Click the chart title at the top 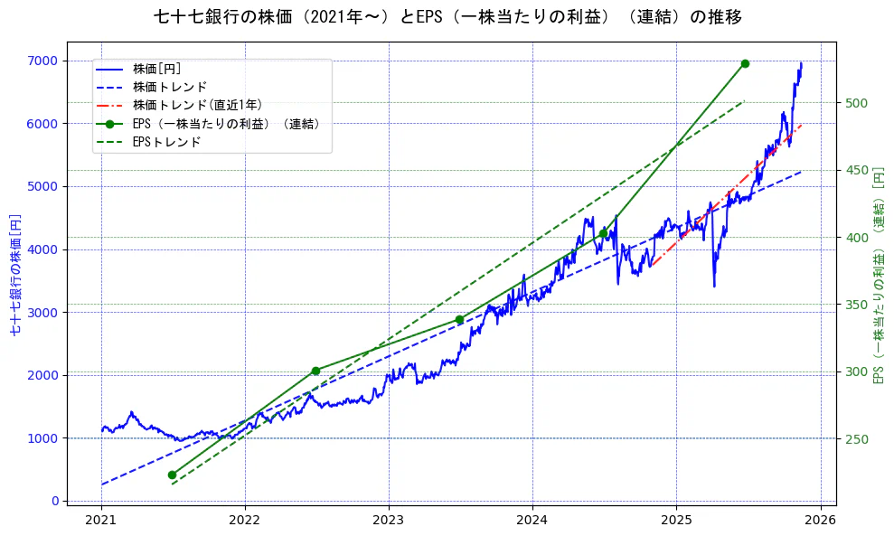pyautogui.click(x=447, y=16)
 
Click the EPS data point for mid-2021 pyautogui.click(x=172, y=475)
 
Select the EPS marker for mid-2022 pyautogui.click(x=315, y=371)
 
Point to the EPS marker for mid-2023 pyautogui.click(x=459, y=319)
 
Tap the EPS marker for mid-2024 pyautogui.click(x=603, y=233)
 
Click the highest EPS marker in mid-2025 pyautogui.click(x=745, y=63)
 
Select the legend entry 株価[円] pyautogui.click(x=157, y=69)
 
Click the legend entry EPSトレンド pyautogui.click(x=166, y=142)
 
